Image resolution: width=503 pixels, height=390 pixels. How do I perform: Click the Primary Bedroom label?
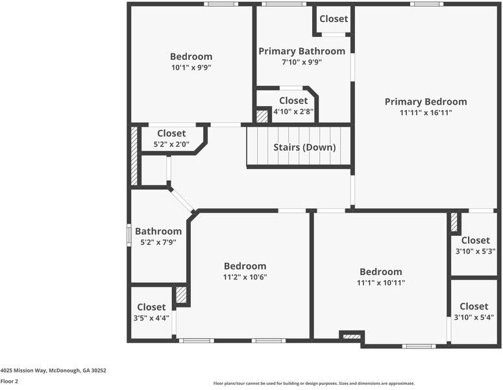425,101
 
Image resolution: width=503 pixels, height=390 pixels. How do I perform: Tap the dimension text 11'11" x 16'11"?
425,112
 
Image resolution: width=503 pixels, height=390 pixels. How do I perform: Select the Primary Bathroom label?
302,51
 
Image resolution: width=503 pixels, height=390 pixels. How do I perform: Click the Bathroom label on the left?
158,231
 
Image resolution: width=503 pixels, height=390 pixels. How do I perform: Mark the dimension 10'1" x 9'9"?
191,67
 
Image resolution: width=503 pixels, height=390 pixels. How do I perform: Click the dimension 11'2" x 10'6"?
245,277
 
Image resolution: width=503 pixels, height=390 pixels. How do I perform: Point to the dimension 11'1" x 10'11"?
380,283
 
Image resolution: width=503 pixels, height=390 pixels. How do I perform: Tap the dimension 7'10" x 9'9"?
302,62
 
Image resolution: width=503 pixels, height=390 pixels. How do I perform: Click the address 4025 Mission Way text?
53,370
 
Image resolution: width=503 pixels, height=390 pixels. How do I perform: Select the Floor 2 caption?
9,382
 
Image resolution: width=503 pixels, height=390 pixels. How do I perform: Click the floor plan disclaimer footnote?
313,383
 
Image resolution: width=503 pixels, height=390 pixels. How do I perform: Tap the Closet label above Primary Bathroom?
334,19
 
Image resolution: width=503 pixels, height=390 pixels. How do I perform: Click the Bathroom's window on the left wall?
129,233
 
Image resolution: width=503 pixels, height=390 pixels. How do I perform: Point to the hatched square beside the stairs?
262,116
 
